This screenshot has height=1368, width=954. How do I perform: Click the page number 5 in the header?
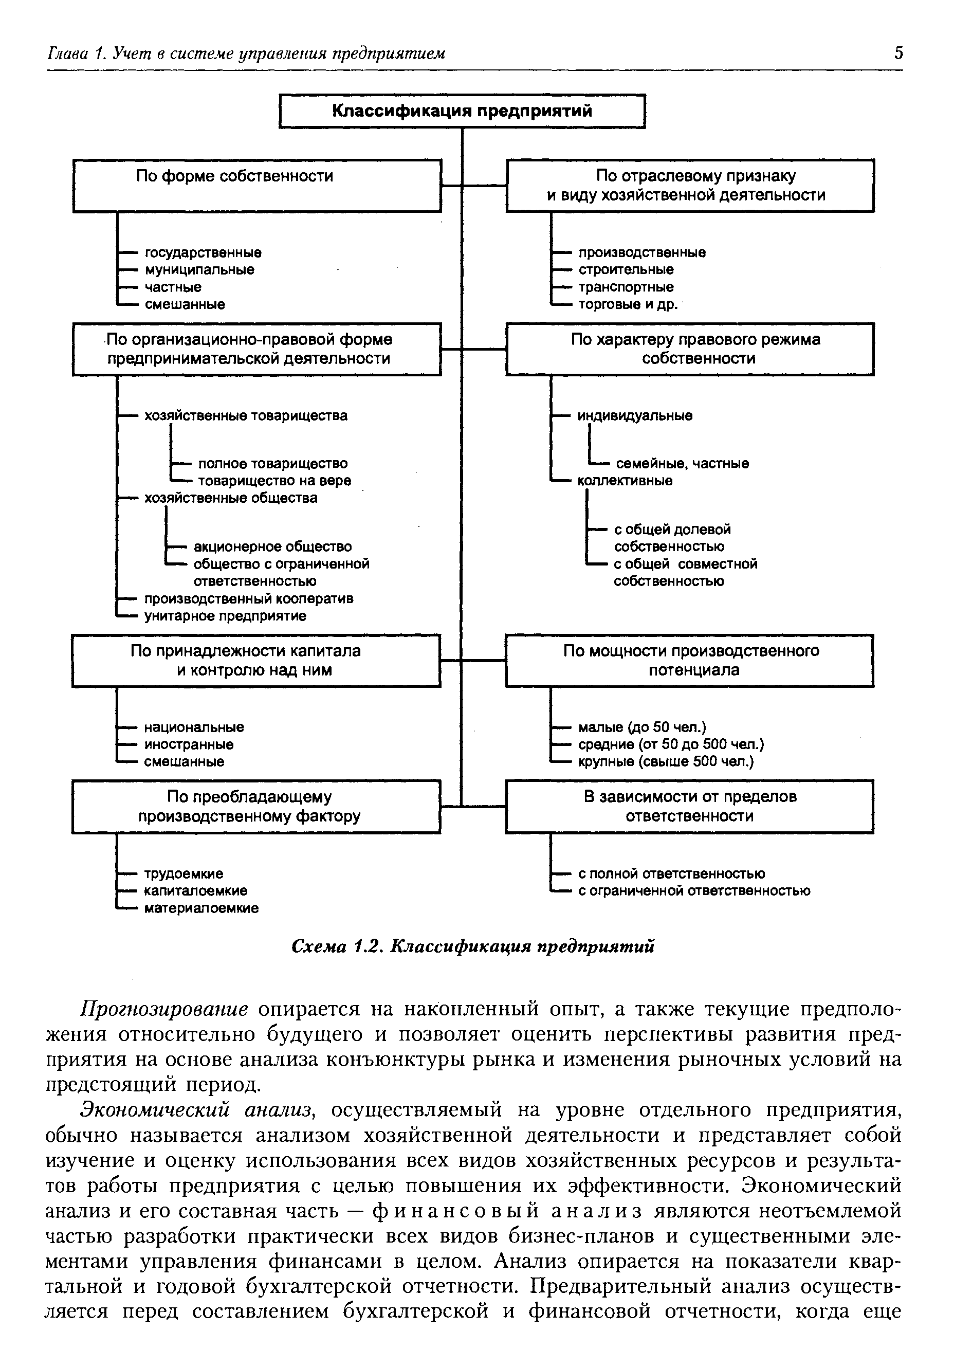(898, 53)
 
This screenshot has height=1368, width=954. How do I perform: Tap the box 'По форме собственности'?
(257, 185)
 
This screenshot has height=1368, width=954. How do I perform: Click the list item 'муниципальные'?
(199, 270)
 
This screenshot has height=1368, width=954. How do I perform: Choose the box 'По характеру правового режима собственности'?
(690, 349)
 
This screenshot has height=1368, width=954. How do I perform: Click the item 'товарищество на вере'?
(274, 480)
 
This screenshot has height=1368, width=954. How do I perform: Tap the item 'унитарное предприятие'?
(225, 615)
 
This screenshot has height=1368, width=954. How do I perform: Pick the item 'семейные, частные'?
(682, 463)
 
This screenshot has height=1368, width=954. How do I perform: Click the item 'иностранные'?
(188, 744)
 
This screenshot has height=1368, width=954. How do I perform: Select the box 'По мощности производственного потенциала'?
(689, 661)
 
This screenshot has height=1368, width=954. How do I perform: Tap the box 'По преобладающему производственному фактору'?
(256, 806)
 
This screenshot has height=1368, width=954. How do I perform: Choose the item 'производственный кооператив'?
(248, 598)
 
